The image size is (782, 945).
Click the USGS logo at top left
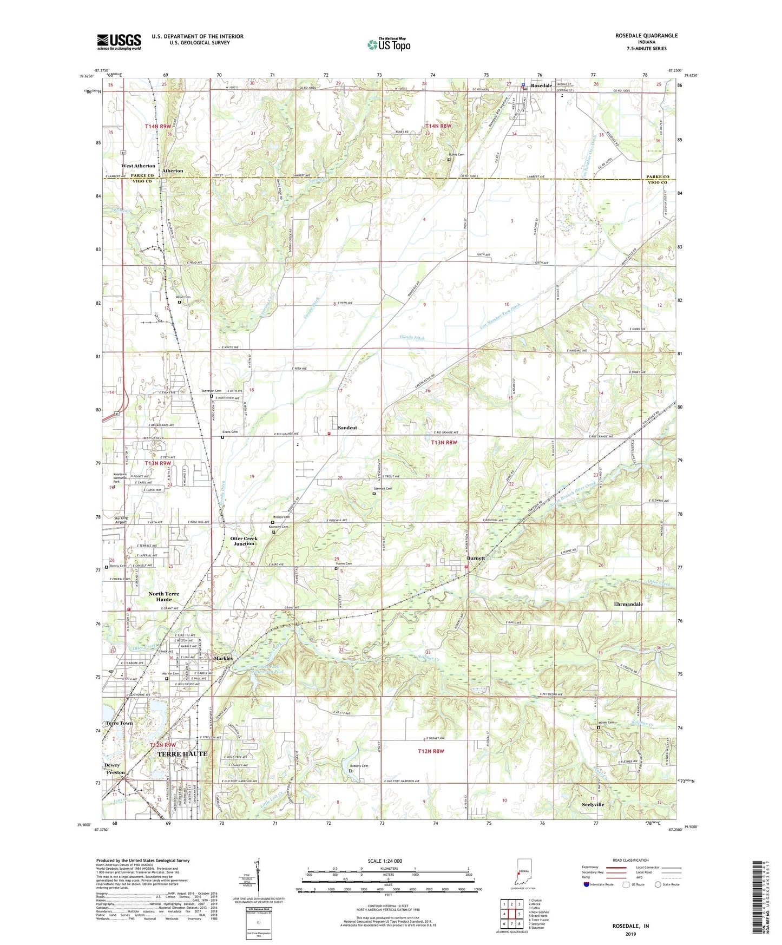119,41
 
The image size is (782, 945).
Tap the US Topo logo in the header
389,44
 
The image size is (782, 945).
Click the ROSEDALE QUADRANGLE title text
646,36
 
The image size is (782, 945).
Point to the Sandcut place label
347,428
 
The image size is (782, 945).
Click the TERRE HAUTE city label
182,753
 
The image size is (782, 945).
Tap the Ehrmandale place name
628,604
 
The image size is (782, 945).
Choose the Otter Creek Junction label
244,541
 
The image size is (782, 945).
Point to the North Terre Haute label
164,596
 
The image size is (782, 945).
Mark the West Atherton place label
138,166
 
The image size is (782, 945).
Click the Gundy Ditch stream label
412,337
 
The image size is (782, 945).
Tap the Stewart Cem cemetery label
383,489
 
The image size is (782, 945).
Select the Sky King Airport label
120,520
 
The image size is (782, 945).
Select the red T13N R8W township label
444,442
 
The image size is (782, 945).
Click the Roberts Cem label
358,766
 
